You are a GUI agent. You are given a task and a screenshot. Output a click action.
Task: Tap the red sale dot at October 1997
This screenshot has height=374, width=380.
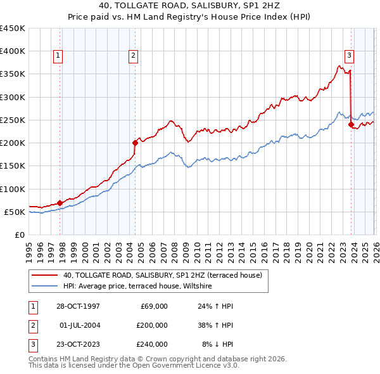pyautogui.click(x=60, y=203)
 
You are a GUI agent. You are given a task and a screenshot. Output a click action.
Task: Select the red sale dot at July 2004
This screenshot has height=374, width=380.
pyautogui.click(x=135, y=143)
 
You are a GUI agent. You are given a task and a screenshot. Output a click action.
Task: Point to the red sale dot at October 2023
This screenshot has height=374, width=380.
pyautogui.click(x=351, y=125)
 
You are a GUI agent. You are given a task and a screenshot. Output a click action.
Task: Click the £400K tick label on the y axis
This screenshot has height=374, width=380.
pyautogui.click(x=13, y=51)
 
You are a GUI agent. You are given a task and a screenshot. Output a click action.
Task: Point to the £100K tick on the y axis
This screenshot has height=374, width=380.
pyautogui.click(x=13, y=189)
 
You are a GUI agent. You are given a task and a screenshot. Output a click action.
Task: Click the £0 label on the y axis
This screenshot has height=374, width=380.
pyautogui.click(x=19, y=235)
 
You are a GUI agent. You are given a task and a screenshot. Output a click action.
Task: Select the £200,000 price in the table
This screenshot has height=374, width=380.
pyautogui.click(x=152, y=325)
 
